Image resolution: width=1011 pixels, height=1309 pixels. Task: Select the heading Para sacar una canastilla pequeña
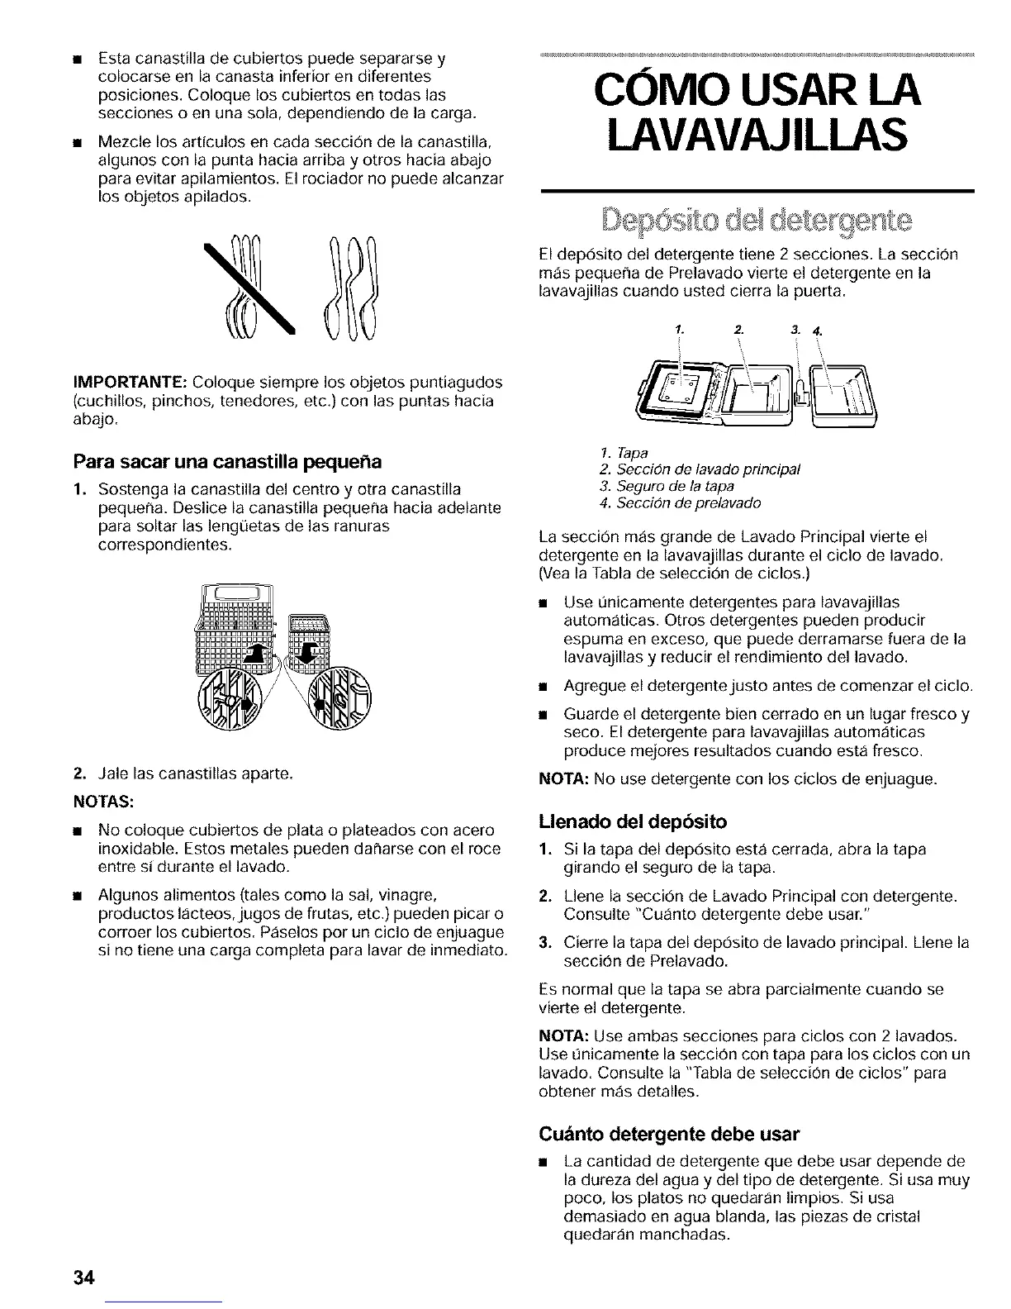pyautogui.click(x=227, y=460)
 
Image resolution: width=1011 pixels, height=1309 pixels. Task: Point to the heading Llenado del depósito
pyautogui.click(x=633, y=822)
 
